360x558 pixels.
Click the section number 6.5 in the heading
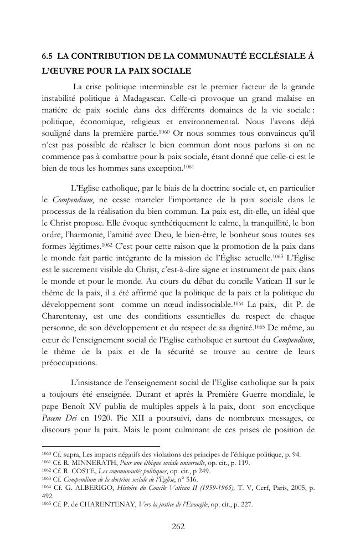click(x=48, y=56)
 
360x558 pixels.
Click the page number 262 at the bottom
click(x=179, y=526)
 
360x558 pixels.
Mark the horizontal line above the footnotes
click(x=100, y=447)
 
